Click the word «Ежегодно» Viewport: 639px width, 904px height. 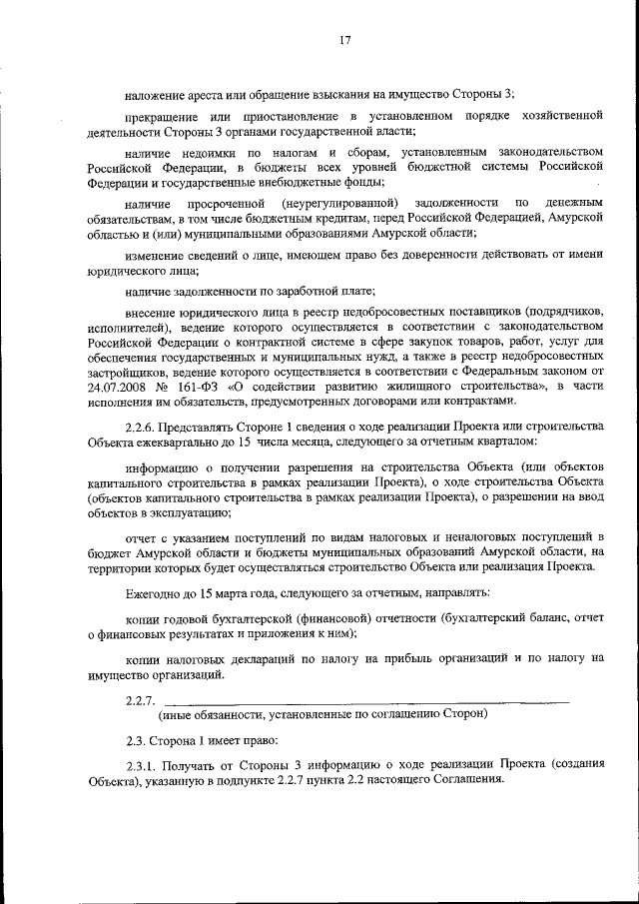pyautogui.click(x=154, y=592)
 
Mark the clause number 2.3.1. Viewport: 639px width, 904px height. pyautogui.click(x=143, y=764)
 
